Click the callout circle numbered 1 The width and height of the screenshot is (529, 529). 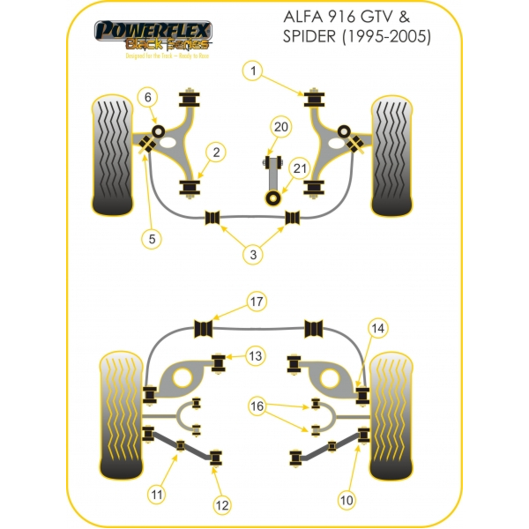click(x=253, y=70)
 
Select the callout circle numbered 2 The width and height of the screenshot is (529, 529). click(x=214, y=153)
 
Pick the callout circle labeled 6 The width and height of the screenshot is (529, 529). click(x=148, y=97)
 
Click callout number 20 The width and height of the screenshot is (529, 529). click(x=281, y=127)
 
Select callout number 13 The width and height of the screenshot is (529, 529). click(x=255, y=356)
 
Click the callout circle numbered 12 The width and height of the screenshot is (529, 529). click(x=222, y=505)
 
